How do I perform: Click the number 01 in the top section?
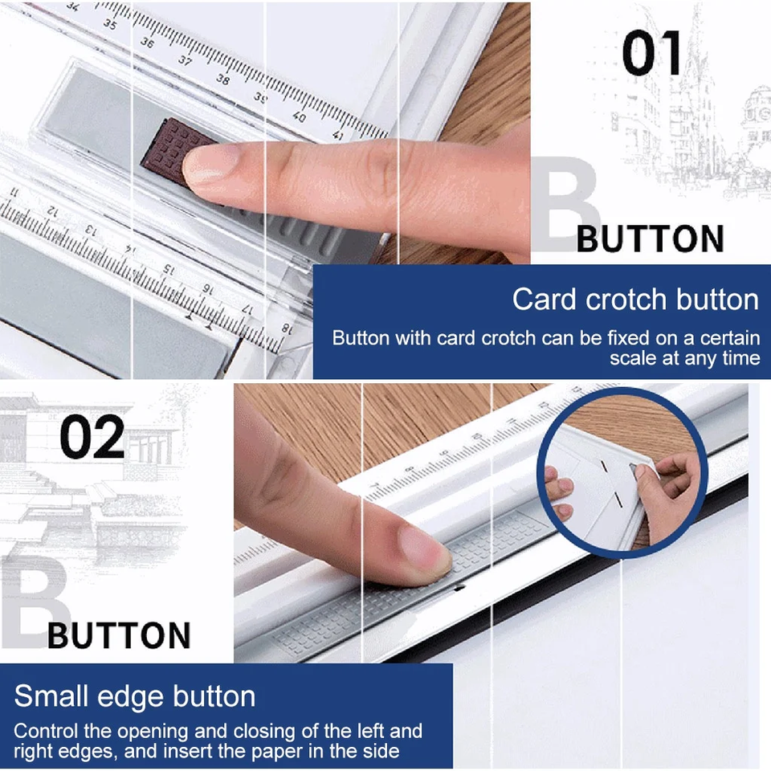(651, 53)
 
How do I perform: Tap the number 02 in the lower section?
(92, 437)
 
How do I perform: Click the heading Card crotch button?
(635, 299)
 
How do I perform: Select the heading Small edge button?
(135, 696)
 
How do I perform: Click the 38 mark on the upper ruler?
(222, 79)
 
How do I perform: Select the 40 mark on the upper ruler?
(299, 116)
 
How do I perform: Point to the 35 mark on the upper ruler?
(110, 23)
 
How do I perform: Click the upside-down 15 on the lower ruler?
(169, 269)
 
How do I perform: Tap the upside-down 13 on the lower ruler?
(91, 230)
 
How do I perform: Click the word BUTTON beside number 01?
(650, 239)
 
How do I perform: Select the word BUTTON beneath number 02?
(119, 635)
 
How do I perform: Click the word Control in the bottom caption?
(47, 731)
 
